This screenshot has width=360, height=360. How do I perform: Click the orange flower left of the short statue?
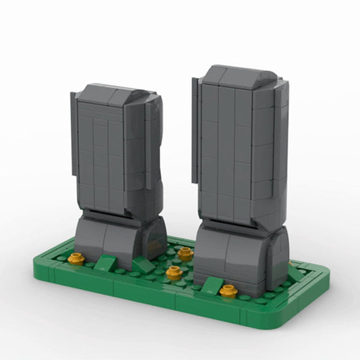[76, 258]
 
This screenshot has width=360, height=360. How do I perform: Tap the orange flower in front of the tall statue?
[229, 290]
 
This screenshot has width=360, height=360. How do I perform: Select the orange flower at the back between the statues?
[185, 254]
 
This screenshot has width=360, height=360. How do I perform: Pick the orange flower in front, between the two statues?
[174, 273]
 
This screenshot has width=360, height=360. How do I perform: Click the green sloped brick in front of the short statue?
[105, 263]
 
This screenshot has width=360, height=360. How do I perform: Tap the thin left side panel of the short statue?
[73, 142]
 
